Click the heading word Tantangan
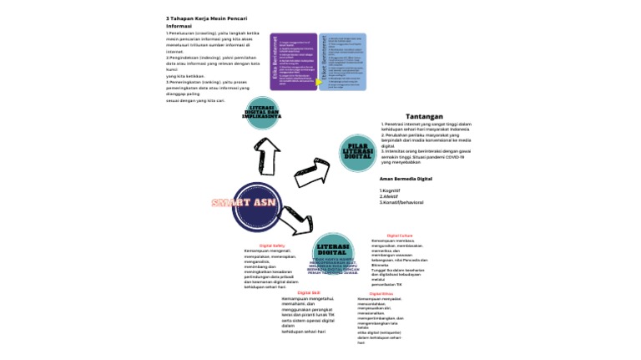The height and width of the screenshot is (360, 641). click(x=424, y=116)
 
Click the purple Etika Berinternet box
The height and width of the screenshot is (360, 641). click(x=293, y=62)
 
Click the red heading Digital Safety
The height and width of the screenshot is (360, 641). click(x=272, y=246)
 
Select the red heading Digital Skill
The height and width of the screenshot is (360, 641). click(x=309, y=292)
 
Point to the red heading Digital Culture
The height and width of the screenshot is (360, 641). click(x=400, y=236)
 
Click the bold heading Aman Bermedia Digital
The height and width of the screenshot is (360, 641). click(x=406, y=179)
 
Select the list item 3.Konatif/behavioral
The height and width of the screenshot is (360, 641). click(x=401, y=203)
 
